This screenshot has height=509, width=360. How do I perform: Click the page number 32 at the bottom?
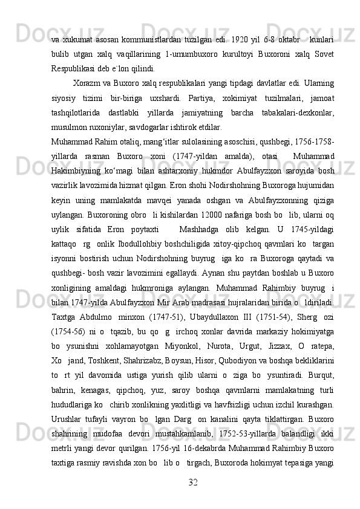pyautogui.click(x=193, y=481)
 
